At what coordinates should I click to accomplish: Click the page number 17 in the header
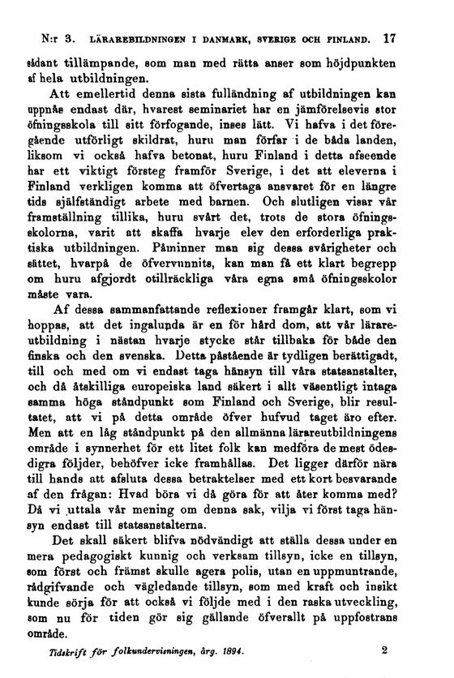pos(413,38)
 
